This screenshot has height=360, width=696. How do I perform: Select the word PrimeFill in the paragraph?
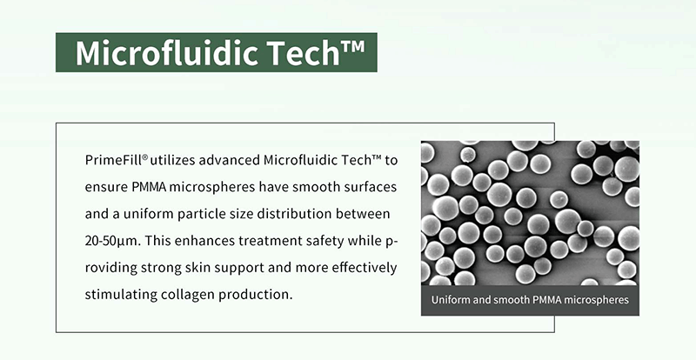[116, 161]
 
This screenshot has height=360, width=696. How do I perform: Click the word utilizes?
[177, 161]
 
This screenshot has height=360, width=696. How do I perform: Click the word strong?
[165, 267]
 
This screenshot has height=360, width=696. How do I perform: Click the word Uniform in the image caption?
[455, 303]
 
